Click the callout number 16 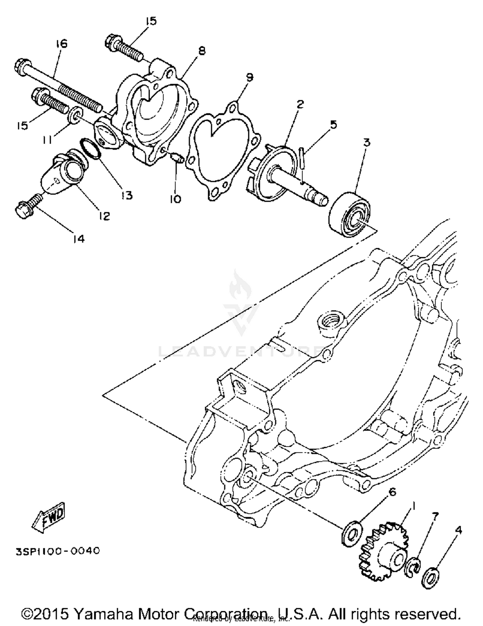pos(62,44)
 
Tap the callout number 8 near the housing pos(202,51)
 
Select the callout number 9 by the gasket pos(250,77)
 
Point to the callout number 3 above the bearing pos(367,142)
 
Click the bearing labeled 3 pos(350,214)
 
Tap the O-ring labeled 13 pos(90,148)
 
